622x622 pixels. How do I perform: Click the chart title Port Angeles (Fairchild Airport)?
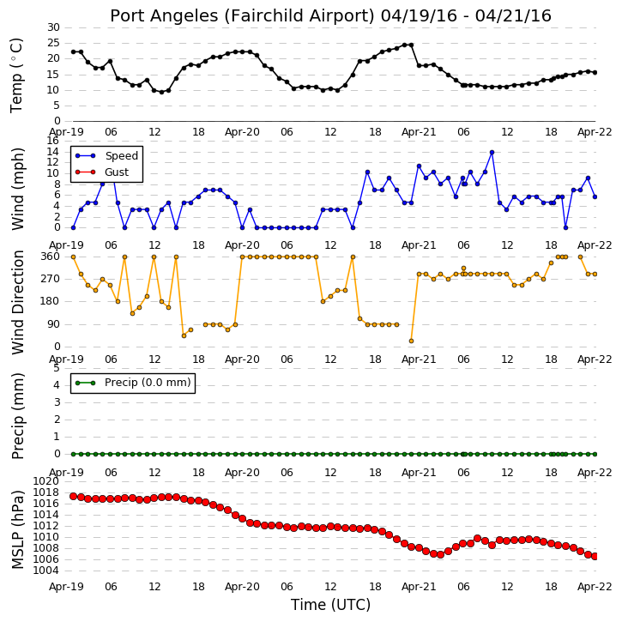[242, 16]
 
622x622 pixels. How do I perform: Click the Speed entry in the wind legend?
[107, 156]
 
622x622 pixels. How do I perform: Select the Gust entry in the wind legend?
[102, 172]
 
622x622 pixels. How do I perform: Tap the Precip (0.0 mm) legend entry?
[133, 383]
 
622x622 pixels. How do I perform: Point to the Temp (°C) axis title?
[16, 75]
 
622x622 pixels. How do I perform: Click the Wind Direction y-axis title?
[18, 302]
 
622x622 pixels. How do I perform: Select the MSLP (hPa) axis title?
[18, 529]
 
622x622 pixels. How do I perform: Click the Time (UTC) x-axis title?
[330, 605]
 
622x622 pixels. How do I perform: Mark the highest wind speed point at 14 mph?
[492, 153]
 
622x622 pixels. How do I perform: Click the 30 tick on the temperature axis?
[53, 27]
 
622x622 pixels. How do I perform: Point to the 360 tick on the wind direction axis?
[51, 257]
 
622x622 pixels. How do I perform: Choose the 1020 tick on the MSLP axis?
[45, 481]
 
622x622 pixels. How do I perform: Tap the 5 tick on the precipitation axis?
[57, 368]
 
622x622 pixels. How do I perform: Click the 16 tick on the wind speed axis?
[53, 141]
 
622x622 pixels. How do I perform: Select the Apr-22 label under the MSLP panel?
[595, 587]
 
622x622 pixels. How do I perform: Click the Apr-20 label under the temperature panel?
[242, 132]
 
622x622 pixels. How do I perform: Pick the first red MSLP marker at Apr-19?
[74, 496]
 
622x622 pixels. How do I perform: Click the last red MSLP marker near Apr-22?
[595, 556]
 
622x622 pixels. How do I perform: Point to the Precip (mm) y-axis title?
[18, 416]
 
